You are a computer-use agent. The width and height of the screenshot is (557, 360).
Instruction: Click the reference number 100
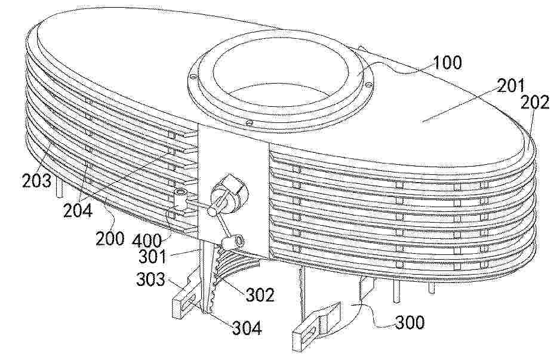tap(447, 63)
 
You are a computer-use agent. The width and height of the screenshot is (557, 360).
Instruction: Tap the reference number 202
tap(534, 103)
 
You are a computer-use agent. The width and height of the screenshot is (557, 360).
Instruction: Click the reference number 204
tap(78, 210)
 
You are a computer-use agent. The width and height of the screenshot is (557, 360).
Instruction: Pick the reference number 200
tap(110, 238)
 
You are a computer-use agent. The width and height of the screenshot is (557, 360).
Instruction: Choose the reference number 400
tap(147, 241)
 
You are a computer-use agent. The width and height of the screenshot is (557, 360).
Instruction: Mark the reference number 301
tap(152, 256)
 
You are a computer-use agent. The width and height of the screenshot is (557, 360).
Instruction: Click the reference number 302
tap(260, 294)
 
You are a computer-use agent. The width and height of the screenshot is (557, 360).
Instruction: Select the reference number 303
tap(150, 280)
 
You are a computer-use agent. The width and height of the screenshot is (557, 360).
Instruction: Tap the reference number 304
tap(247, 328)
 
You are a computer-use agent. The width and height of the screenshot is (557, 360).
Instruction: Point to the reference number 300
tap(410, 322)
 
